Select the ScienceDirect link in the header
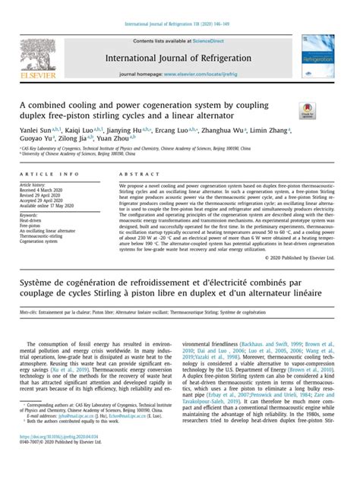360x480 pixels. (212, 41)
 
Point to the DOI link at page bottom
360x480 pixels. (55, 459)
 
